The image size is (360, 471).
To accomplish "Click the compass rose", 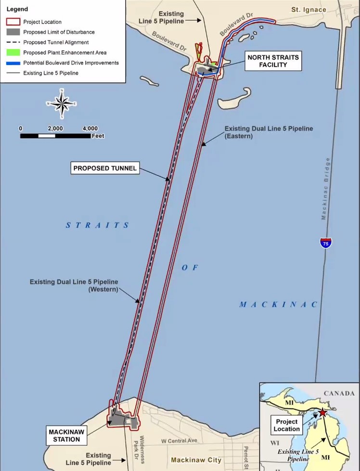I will [x=62, y=104].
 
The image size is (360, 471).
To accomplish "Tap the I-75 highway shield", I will [x=326, y=243].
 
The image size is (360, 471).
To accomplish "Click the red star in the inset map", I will [x=322, y=413].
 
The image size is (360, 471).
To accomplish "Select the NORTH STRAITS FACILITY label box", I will [x=273, y=61].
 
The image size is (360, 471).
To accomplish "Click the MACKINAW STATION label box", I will [x=66, y=435].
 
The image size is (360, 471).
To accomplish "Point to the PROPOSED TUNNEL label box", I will [x=105, y=168].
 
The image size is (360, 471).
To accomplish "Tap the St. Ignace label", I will [x=309, y=10].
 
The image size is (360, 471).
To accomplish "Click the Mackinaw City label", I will [x=196, y=460].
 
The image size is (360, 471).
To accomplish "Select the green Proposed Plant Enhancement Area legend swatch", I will [x=13, y=52].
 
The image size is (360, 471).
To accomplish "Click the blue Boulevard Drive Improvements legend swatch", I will [x=13, y=63].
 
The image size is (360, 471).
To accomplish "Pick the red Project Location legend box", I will [x=13, y=22].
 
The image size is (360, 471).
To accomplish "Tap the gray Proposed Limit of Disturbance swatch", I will [x=13, y=32].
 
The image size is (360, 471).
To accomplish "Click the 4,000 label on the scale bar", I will [x=90, y=129].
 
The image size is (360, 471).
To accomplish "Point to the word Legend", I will [x=17, y=9].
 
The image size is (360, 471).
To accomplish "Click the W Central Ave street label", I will [x=179, y=441].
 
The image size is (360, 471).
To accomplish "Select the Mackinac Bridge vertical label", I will [x=325, y=189].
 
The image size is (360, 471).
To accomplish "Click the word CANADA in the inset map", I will [x=339, y=393].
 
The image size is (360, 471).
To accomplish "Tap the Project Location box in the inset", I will [x=286, y=425].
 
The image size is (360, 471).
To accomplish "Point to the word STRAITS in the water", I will [x=98, y=225].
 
